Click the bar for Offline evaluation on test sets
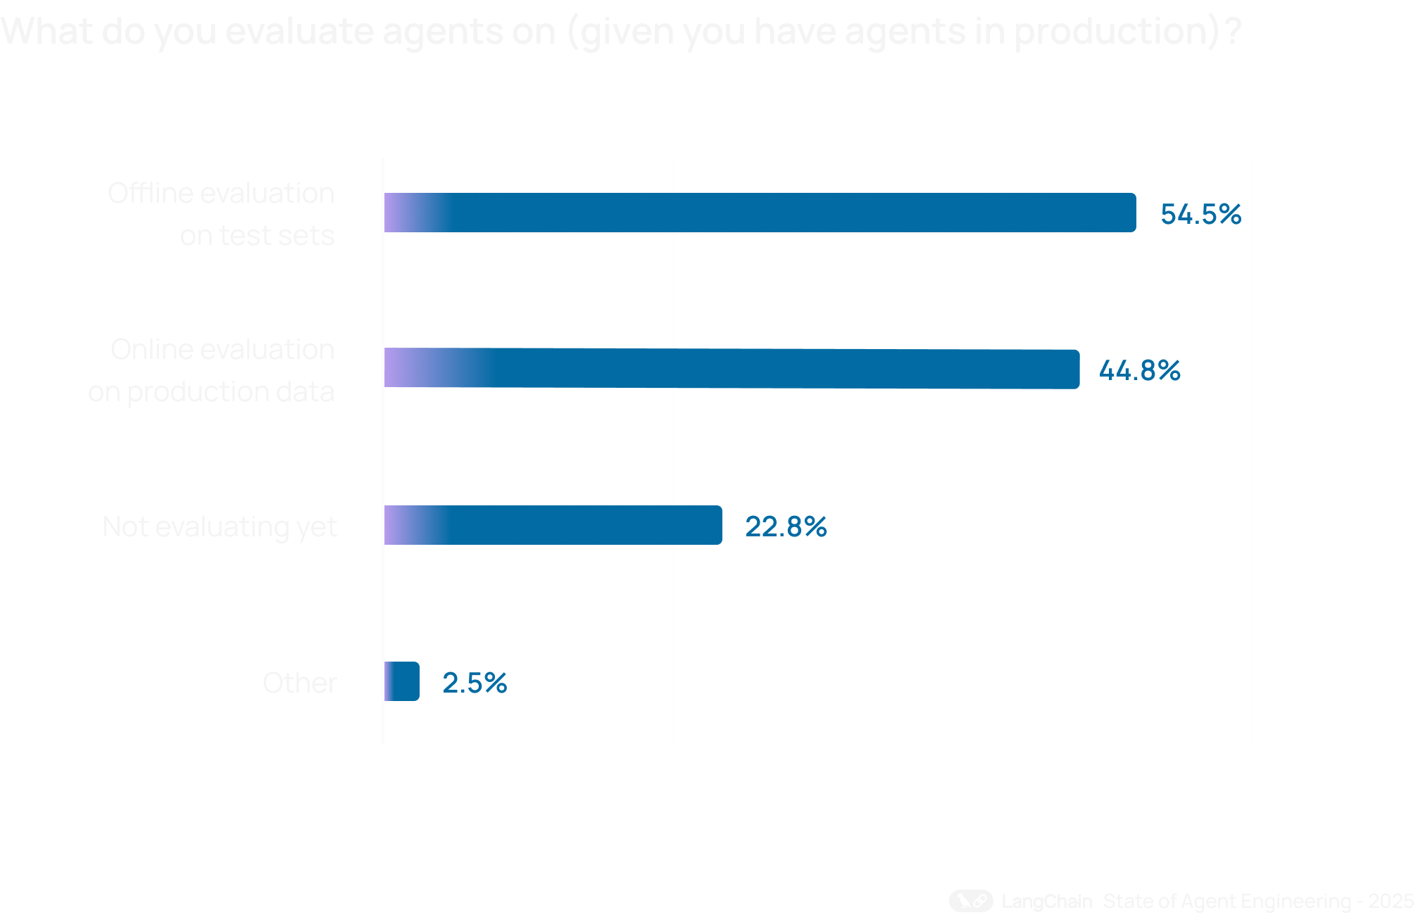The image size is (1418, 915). pos(759,213)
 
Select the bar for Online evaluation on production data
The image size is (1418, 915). pos(731,369)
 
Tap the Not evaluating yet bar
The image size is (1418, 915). pos(553,525)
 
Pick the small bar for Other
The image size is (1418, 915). pos(401,681)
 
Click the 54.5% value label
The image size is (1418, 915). pos(1200,214)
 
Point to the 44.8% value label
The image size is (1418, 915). pos(1139,370)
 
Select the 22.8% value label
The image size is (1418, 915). pos(786,526)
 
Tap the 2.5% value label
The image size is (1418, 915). pos(475,683)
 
